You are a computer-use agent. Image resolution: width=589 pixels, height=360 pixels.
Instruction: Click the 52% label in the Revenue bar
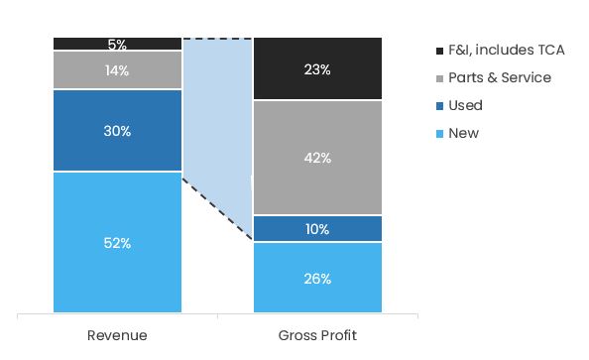coord(117,243)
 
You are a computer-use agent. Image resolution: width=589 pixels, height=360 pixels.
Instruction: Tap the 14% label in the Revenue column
coord(117,70)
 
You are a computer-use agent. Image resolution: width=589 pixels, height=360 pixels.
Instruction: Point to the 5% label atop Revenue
coord(117,45)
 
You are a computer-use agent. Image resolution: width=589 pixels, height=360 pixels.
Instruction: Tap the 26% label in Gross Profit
coord(317,279)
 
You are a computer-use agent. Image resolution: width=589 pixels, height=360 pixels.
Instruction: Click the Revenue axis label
coord(117,335)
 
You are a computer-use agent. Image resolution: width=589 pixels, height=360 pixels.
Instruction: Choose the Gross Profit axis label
coord(317,335)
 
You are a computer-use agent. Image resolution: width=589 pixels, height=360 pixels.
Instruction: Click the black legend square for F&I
coord(439,51)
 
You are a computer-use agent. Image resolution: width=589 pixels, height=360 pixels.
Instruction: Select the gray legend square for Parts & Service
coord(439,78)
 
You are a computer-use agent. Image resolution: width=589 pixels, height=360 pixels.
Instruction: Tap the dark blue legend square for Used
coord(439,106)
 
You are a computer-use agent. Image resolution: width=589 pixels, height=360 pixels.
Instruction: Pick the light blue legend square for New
coord(439,134)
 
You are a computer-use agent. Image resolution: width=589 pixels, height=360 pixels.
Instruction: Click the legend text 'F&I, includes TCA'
coord(506,51)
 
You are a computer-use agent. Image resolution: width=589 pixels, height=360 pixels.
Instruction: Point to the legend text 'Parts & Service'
coord(499,78)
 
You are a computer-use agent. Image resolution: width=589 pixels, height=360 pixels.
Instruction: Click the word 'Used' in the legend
coord(465,106)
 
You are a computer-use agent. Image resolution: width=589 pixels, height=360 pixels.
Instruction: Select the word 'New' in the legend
coord(463,134)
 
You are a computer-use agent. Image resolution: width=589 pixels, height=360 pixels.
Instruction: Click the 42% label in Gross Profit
coord(317,158)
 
